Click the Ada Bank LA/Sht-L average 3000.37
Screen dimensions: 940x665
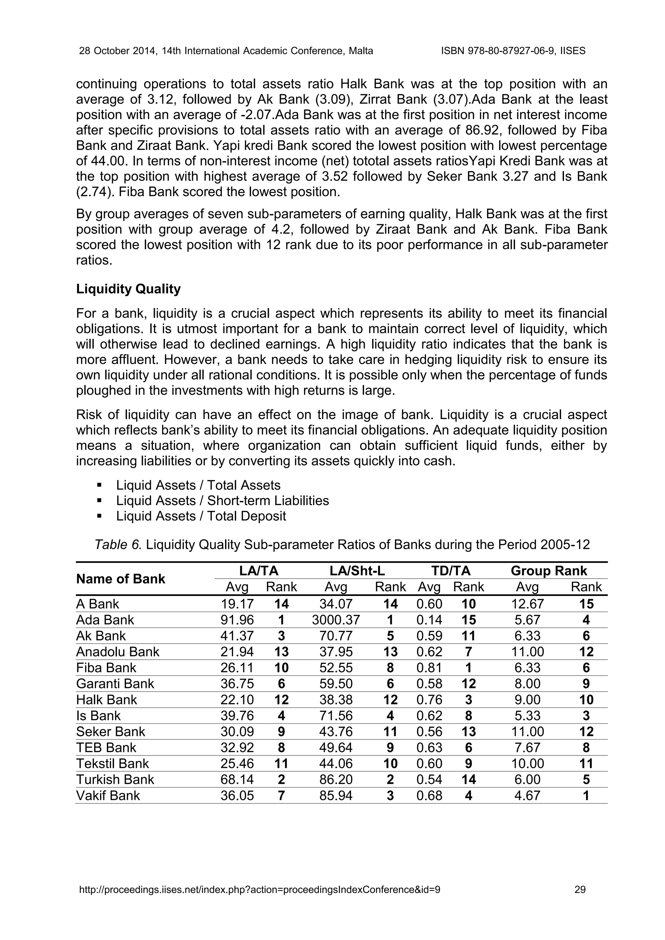coord(335,620)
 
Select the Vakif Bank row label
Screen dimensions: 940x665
coord(108,796)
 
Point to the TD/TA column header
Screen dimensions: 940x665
coord(451,571)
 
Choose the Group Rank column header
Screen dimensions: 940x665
coord(549,571)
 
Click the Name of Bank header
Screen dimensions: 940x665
coord(120,579)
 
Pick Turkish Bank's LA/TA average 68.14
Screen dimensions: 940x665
coord(237,780)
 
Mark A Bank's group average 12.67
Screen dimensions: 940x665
coord(527,604)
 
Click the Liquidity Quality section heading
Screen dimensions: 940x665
coord(128,289)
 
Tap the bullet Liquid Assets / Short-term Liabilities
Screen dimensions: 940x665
coord(222,501)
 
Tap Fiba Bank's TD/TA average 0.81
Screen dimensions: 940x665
coord(429,668)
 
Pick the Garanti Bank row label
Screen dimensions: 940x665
coord(115,684)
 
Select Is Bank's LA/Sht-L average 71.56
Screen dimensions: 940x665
coord(335,716)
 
